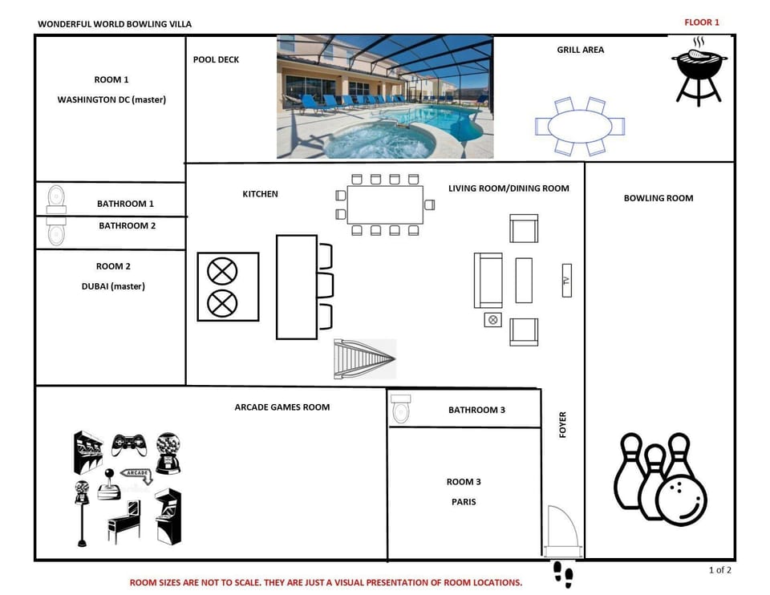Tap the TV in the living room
pos(566,281)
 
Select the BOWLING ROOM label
pos(659,198)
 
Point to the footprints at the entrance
pos(564,574)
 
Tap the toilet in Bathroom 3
pos(401,410)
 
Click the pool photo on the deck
pos(385,96)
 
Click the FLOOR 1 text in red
pos(702,22)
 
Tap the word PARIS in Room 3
pos(464,502)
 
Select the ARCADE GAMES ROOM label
pos(282,407)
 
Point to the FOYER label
pos(562,425)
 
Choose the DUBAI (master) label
pos(113,286)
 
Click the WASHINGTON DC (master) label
pos(111,100)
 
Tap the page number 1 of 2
pos(719,570)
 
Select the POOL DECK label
pos(216,59)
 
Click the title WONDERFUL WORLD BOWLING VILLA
pos(115,24)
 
